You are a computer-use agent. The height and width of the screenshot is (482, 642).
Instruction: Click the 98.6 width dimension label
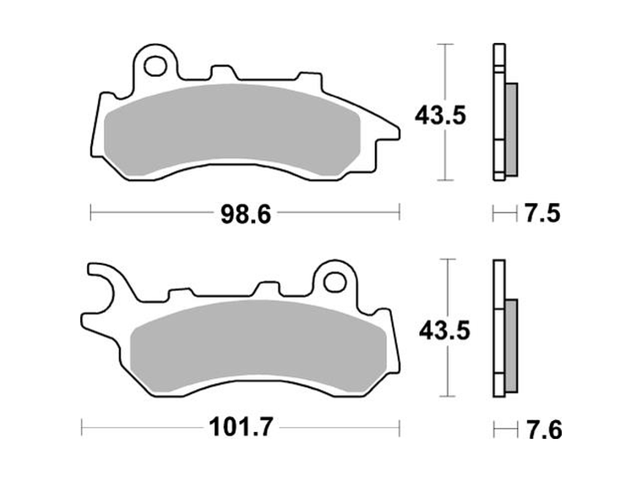coord(245,216)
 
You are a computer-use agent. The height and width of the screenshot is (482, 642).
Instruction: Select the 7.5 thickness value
coord(541,215)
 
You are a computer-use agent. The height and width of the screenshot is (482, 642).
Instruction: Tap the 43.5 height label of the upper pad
coord(439,115)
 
